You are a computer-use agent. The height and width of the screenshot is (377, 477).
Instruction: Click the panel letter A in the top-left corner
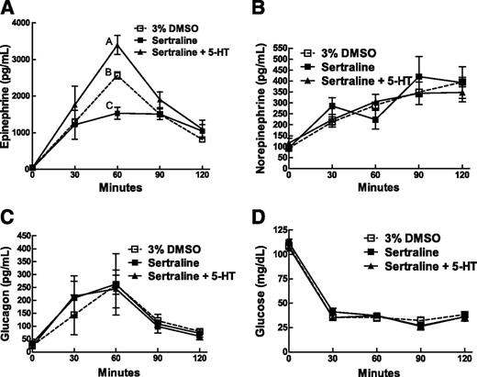coord(8,8)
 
